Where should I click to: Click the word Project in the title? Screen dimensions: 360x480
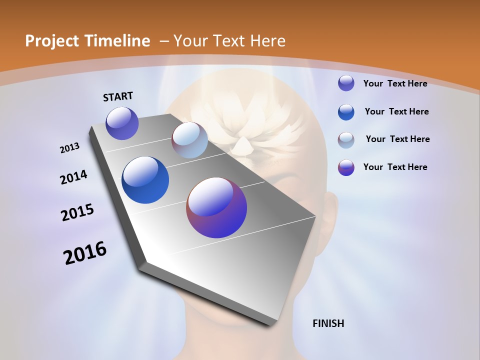[x=51, y=41]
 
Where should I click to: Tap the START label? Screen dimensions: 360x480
[x=118, y=96]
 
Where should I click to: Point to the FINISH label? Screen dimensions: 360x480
[x=328, y=323]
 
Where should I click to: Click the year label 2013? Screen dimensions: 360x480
[x=69, y=147]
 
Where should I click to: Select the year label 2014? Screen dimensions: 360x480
[x=73, y=177]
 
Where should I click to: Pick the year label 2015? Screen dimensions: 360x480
[x=77, y=212]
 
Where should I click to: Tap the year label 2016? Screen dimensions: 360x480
[x=85, y=253]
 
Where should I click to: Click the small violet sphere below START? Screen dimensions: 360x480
[x=122, y=123]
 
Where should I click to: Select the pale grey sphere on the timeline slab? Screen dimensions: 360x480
[x=189, y=140]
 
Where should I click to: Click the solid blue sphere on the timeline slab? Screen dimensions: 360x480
[x=145, y=180]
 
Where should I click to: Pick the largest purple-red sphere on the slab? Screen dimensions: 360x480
[x=216, y=207]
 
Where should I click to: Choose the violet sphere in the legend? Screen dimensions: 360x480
[x=346, y=83]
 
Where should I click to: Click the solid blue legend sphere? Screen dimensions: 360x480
[x=346, y=112]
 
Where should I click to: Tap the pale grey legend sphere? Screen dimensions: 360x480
[x=346, y=140]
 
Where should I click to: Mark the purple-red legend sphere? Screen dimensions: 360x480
[x=346, y=167]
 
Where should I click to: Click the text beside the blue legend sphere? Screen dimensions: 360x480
[x=396, y=111]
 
